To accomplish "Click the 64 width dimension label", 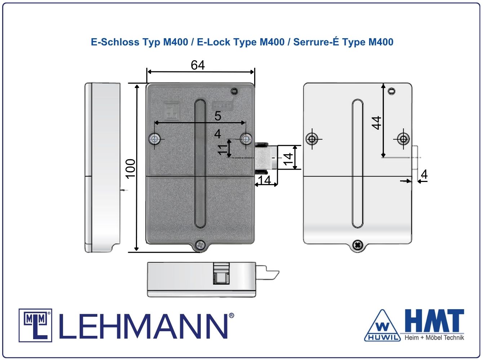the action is [x=198, y=65].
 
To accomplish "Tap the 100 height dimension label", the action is [x=130, y=168].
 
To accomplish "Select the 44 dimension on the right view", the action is [x=376, y=123].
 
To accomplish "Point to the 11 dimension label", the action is [x=222, y=150].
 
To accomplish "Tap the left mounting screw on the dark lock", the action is [x=155, y=139].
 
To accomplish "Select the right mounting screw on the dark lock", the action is [x=246, y=139].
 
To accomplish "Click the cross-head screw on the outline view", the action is [x=358, y=245].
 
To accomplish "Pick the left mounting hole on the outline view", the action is [x=312, y=139].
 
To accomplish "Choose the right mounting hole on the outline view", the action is [x=403, y=139].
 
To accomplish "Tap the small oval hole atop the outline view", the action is [x=392, y=91].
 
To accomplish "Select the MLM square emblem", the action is [x=35, y=325].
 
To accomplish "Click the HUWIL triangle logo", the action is [x=382, y=326].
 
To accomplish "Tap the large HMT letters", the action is [x=434, y=320].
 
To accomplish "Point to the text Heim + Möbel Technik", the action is [x=434, y=337].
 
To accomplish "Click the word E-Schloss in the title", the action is [x=115, y=42].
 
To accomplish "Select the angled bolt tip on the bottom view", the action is [x=273, y=275].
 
